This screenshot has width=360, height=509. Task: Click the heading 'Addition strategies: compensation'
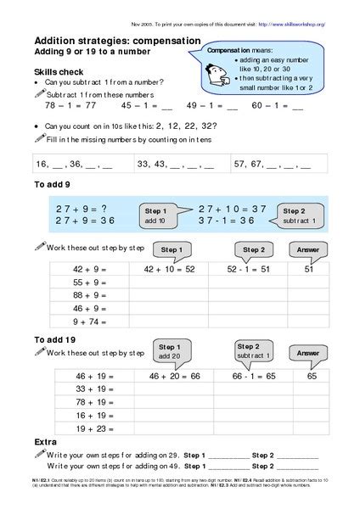(117, 41)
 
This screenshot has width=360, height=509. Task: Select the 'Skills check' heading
(57, 73)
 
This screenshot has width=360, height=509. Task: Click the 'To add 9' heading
(53, 184)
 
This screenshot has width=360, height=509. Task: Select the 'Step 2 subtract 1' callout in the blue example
(300, 215)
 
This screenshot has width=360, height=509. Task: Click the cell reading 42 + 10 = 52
(170, 269)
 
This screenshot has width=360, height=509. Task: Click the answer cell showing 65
(312, 374)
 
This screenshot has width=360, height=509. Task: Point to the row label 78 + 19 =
(92, 401)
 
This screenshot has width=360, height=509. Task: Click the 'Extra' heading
(46, 443)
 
